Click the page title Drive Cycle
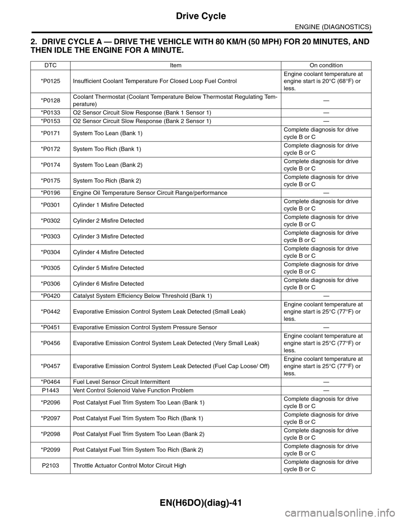tap(201, 16)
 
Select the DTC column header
tap(50, 65)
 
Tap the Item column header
tap(175, 65)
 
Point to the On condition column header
tap(326, 65)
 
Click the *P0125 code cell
tap(50, 81)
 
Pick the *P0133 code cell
tap(50, 113)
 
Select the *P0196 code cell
tap(50, 193)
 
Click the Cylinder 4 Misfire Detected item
tap(108, 252)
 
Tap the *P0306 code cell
tap(50, 284)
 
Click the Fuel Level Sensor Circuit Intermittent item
tap(121, 382)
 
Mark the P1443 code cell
tap(50, 391)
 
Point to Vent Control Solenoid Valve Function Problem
tap(133, 391)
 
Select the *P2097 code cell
tap(50, 418)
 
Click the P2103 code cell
tap(50, 466)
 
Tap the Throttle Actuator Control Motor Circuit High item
tap(129, 466)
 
